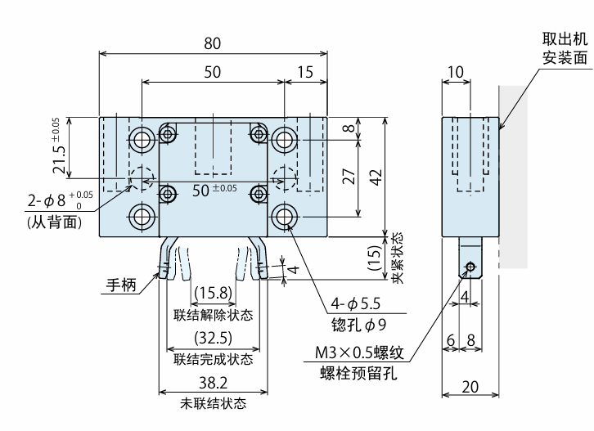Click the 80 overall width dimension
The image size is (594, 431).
pyautogui.click(x=212, y=43)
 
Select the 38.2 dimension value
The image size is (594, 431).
pyautogui.click(x=214, y=383)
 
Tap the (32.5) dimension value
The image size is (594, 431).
pyautogui.click(x=214, y=338)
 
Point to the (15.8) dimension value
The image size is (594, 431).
pyautogui.click(x=214, y=293)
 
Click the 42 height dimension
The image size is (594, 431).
pyautogui.click(x=376, y=177)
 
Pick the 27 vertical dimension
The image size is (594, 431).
pyautogui.click(x=349, y=176)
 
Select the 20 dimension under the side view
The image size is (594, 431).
pyautogui.click(x=470, y=387)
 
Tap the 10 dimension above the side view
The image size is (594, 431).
pyautogui.click(x=456, y=72)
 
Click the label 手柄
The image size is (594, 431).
pyautogui.click(x=121, y=285)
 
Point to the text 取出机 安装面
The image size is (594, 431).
pyautogui.click(x=565, y=48)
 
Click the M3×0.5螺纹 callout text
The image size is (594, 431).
pyautogui.click(x=359, y=352)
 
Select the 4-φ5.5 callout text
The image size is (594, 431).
pyautogui.click(x=355, y=303)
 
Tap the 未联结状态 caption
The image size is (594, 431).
pyautogui.click(x=214, y=404)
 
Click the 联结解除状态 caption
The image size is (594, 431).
pyautogui.click(x=214, y=315)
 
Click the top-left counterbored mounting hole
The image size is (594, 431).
pyautogui.click(x=142, y=140)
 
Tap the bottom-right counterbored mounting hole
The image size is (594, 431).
pyautogui.click(x=284, y=217)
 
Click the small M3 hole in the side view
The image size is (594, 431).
pyautogui.click(x=470, y=267)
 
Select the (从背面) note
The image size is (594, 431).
pyautogui.click(x=55, y=222)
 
